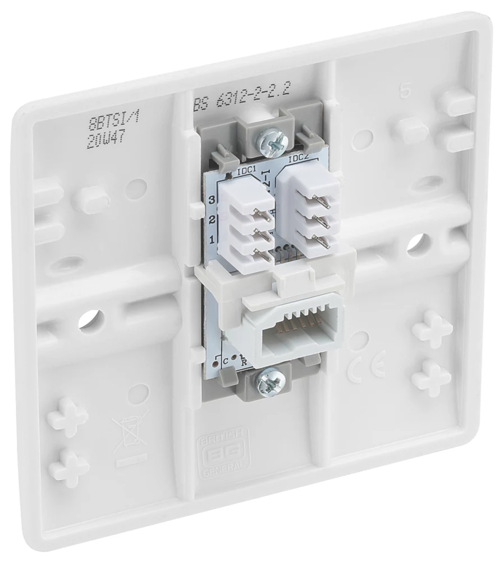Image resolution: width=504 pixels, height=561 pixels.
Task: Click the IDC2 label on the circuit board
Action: pos(299,159)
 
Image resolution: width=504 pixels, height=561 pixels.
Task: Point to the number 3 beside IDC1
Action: pos(212,200)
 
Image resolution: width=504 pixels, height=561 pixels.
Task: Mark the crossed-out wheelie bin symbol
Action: pos(130,433)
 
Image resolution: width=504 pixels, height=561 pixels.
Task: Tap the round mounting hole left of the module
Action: pos(88,319)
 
